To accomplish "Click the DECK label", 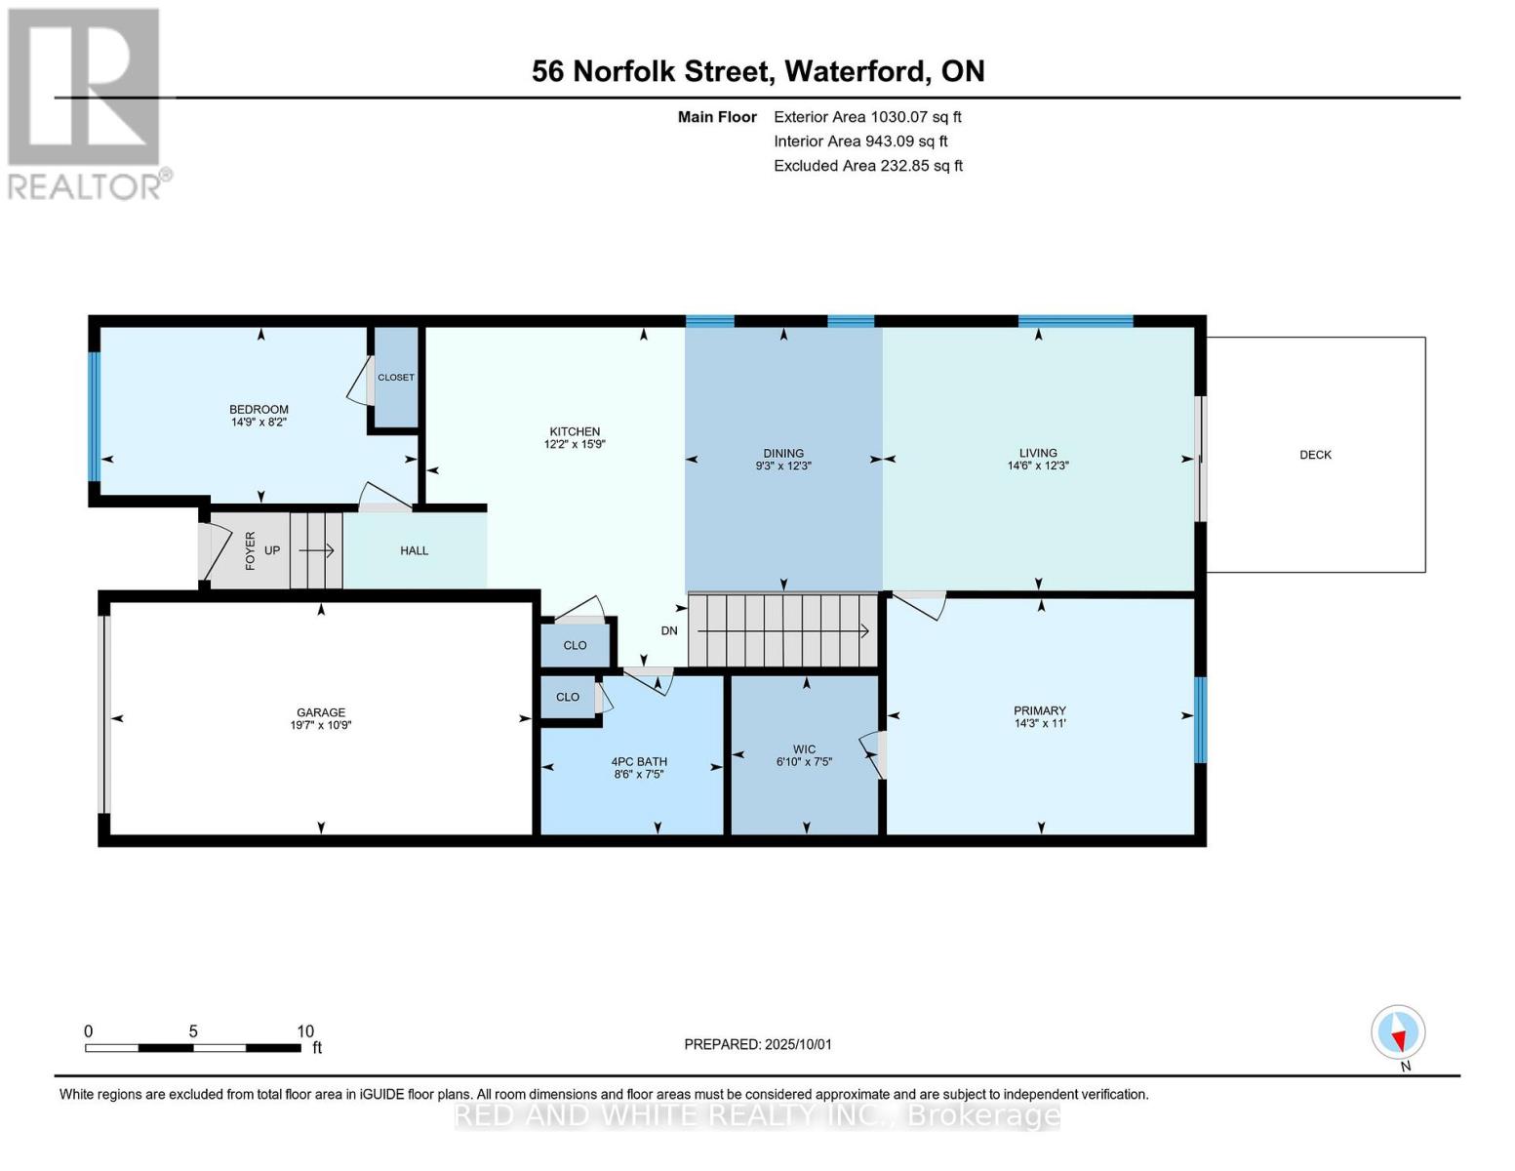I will pyautogui.click(x=1315, y=455).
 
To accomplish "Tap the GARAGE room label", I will pyautogui.click(x=321, y=712).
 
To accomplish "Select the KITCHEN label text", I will pyautogui.click(x=575, y=431).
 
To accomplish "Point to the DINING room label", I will pyautogui.click(x=783, y=453).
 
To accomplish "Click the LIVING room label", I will pyautogui.click(x=1038, y=453).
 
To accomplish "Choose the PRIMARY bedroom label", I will pyautogui.click(x=1040, y=710).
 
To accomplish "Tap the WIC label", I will pyautogui.click(x=804, y=749).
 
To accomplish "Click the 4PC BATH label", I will pyautogui.click(x=639, y=762).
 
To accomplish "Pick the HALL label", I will pyautogui.click(x=415, y=550).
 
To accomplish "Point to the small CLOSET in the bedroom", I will pyautogui.click(x=396, y=378).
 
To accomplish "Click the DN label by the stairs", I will pyautogui.click(x=669, y=631).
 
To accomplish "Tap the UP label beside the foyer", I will pyautogui.click(x=272, y=550).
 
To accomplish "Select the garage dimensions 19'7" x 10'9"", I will pyautogui.click(x=321, y=726).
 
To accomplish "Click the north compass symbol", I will pyautogui.click(x=1398, y=1032).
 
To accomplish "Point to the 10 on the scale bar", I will pyautogui.click(x=305, y=1031).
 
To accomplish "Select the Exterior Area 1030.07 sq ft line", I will pyautogui.click(x=867, y=117).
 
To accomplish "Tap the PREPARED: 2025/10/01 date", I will pyautogui.click(x=758, y=1044).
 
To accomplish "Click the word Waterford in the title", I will pyautogui.click(x=857, y=71).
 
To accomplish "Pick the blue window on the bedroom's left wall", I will pyautogui.click(x=95, y=417).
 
